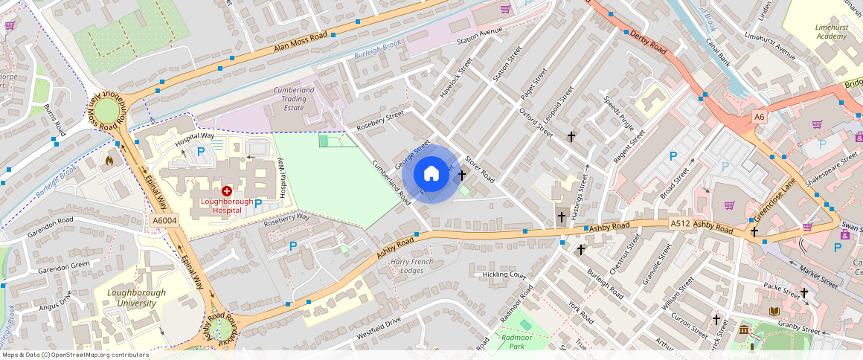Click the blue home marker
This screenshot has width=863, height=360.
pos(431,174)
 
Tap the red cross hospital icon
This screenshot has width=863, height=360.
pos(226,191)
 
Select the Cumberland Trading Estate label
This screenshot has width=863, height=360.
pos(289,98)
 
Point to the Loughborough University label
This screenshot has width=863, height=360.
pos(136,298)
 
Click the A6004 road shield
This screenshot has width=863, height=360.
pos(164,221)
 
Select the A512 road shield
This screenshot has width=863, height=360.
pos(680,223)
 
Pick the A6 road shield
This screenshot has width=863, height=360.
pos(759,117)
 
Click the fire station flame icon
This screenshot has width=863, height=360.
pos(109,160)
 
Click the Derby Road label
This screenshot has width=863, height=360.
pos(648,41)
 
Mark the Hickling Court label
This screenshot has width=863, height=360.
pos(504,274)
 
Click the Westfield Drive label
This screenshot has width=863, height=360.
pos(379,324)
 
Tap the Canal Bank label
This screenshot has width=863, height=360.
pos(718,52)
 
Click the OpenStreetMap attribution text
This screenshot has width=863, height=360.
pos(74,355)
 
